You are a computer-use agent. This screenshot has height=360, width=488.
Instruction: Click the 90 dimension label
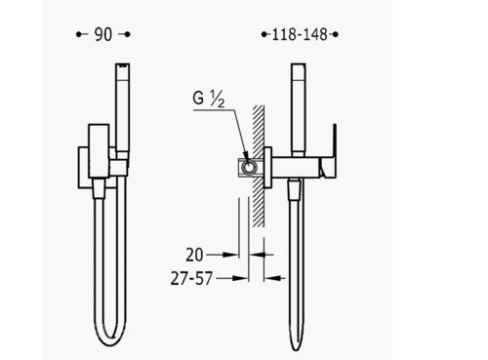pyautogui.click(x=103, y=34)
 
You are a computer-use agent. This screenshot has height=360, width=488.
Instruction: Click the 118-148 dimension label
pyautogui.click(x=300, y=34)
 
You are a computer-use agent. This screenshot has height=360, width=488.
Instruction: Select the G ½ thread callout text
pyautogui.click(x=209, y=99)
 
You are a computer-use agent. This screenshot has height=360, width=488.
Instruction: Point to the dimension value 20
pyautogui.click(x=194, y=255)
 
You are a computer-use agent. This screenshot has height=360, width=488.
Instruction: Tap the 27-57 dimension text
pyautogui.click(x=191, y=279)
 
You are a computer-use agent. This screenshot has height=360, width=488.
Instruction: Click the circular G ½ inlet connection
pyautogui.click(x=249, y=168)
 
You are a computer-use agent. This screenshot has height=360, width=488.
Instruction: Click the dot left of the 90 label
pyautogui.click(x=78, y=34)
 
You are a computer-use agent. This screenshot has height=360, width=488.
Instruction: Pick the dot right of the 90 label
pyautogui.click(x=128, y=34)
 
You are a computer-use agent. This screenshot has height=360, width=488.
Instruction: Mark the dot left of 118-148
pyautogui.click(x=264, y=34)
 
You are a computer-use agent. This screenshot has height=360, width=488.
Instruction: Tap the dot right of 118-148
pyautogui.click(x=336, y=34)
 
